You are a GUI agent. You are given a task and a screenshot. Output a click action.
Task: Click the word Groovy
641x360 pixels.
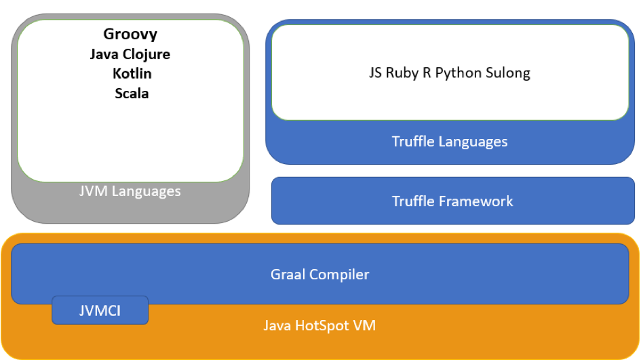(x=130, y=35)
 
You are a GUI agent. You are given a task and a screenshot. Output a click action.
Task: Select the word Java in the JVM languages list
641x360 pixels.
(x=104, y=54)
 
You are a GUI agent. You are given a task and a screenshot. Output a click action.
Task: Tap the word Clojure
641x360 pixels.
(x=147, y=54)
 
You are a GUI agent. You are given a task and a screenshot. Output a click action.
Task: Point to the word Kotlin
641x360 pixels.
(x=132, y=73)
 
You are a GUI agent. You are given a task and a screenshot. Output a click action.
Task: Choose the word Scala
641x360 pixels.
(x=132, y=93)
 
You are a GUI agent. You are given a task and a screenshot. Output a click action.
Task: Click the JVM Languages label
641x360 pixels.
(x=130, y=191)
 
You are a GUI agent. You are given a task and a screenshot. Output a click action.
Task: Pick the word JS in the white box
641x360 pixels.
(x=375, y=73)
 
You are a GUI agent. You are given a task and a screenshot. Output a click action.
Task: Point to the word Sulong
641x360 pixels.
(x=508, y=73)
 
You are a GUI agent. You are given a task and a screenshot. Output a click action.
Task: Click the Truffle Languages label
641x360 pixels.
(x=450, y=142)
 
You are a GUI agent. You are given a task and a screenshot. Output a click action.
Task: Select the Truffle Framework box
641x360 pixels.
(x=453, y=201)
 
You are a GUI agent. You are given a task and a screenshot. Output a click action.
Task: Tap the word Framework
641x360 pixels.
(x=475, y=201)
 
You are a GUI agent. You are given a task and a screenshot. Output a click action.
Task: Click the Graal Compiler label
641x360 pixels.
(x=319, y=275)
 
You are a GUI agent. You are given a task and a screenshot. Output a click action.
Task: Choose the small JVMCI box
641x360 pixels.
(x=100, y=310)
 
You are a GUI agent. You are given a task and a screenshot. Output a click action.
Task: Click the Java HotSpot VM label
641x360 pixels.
(x=319, y=325)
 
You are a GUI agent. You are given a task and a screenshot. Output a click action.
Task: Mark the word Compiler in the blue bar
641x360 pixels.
(x=339, y=275)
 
